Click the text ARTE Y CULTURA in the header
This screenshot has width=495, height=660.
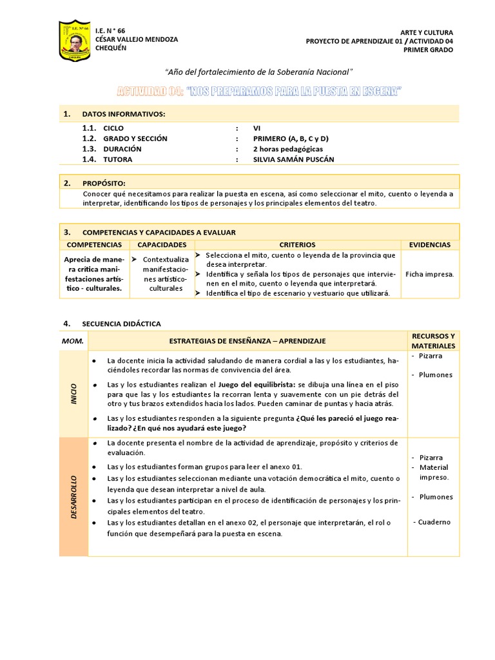(427, 32)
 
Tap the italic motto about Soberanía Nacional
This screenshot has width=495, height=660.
(259, 71)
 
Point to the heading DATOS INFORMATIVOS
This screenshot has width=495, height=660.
(124, 114)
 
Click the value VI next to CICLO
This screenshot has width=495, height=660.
(257, 128)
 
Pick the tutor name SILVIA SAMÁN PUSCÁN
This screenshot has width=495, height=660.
(294, 159)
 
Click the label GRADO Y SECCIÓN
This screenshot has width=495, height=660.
(135, 139)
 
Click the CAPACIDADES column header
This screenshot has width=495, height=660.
(162, 245)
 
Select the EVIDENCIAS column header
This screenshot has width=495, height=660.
(429, 245)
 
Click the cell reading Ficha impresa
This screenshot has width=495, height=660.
(429, 274)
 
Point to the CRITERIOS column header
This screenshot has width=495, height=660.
(297, 245)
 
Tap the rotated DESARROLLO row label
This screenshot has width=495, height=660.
(73, 497)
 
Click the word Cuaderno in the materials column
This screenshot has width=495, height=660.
(434, 522)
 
